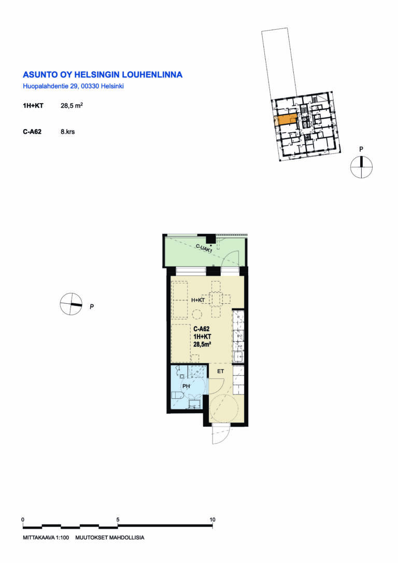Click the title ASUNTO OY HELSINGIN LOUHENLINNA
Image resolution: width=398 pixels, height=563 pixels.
click(103, 75)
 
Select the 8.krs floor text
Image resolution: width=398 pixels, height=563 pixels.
click(68, 132)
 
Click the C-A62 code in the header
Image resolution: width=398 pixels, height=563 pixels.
click(32, 132)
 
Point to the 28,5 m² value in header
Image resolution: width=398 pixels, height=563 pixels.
click(72, 106)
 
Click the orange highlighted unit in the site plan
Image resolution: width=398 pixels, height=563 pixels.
click(286, 119)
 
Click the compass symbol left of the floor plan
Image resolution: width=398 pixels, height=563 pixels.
click(71, 304)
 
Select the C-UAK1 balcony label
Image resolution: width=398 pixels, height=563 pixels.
click(204, 248)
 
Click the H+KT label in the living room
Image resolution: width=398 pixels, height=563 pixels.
click(198, 300)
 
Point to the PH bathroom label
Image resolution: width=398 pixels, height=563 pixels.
click(186, 386)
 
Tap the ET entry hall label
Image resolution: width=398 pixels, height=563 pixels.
click(220, 371)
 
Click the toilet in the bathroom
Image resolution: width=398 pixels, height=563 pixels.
click(177, 396)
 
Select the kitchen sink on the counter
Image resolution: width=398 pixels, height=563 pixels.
click(238, 357)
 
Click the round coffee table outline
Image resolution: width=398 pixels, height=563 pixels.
click(196, 315)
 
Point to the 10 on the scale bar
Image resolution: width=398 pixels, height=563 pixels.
click(212, 519)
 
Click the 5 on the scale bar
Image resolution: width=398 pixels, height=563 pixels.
click(118, 519)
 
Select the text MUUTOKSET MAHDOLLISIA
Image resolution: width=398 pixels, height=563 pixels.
click(110, 538)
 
